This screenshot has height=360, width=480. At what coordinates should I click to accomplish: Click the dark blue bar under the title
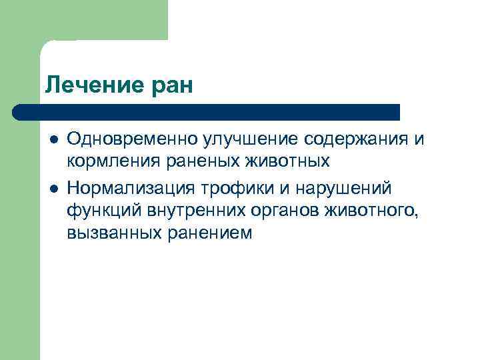(207, 111)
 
